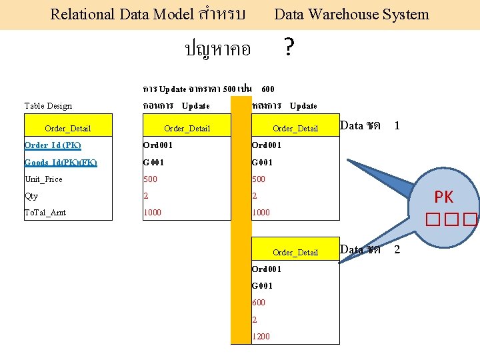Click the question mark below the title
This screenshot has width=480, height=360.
point(289,47)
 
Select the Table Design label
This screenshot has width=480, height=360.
point(48,105)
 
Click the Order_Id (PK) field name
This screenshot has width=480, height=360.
point(53,145)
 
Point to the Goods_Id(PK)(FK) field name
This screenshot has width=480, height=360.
point(61,162)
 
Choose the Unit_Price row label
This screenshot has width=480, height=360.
point(43,179)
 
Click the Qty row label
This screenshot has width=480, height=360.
point(31,196)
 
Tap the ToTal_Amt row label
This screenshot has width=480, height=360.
point(45,213)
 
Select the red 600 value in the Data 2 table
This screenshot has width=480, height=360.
point(259,302)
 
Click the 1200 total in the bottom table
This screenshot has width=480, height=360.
point(261,336)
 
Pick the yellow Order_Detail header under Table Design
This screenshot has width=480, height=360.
point(67,128)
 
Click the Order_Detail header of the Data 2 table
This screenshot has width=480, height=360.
point(295,252)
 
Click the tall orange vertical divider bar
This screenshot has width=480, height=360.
point(241,220)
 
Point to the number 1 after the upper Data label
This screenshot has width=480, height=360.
point(397,125)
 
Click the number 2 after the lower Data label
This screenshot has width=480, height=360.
point(397,249)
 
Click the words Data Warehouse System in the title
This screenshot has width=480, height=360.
point(351,14)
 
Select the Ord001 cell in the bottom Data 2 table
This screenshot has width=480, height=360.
point(267,269)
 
